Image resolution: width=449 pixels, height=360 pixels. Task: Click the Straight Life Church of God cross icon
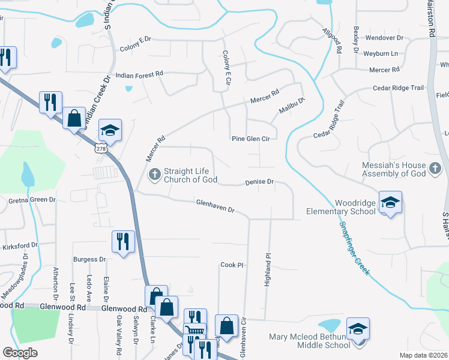tap(154, 175)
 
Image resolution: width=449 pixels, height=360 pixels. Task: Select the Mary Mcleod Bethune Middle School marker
tap(358, 329)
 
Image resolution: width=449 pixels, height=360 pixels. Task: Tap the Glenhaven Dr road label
tap(214, 206)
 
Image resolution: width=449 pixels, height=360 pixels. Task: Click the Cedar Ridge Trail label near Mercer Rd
tap(398, 88)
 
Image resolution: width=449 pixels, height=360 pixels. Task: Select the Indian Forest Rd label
tap(139, 74)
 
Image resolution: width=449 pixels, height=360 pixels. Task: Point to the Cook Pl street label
tap(232, 265)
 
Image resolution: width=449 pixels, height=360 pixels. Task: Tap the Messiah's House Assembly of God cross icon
tap(435, 169)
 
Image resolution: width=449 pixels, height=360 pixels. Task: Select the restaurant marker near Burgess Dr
tap(123, 241)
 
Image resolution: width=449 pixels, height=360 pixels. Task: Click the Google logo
tap(20, 353)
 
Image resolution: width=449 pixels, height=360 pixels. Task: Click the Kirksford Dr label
tap(19, 245)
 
